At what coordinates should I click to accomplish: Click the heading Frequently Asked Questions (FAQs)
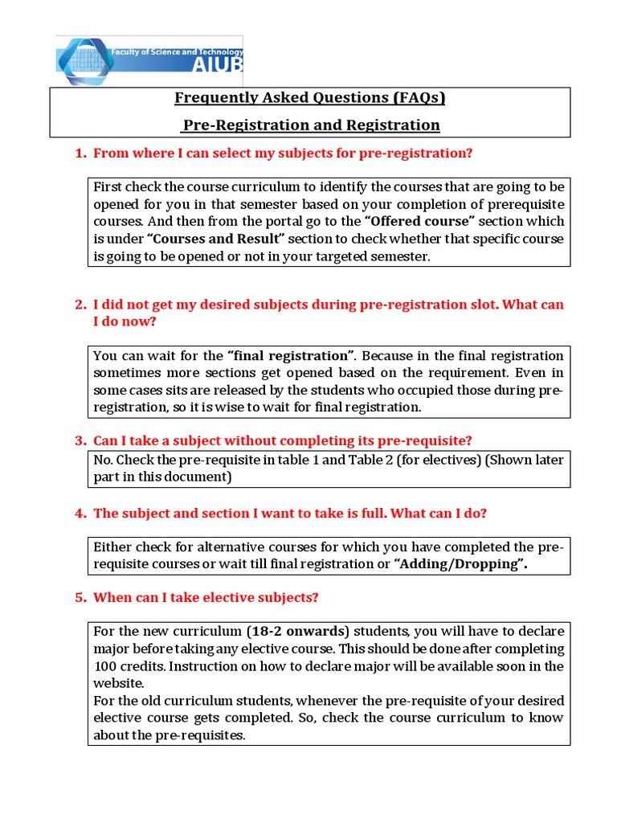pyautogui.click(x=310, y=98)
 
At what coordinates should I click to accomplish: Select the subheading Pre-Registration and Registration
pyautogui.click(x=310, y=125)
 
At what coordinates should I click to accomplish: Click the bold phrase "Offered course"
pyautogui.click(x=420, y=221)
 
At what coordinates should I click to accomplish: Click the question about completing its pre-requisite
pyautogui.click(x=283, y=440)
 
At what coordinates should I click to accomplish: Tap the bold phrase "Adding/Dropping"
pyautogui.click(x=460, y=563)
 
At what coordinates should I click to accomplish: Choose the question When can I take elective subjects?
pyautogui.click(x=206, y=597)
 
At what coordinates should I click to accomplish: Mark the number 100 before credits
pyautogui.click(x=104, y=666)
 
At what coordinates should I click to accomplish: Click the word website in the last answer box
pyautogui.click(x=119, y=683)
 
